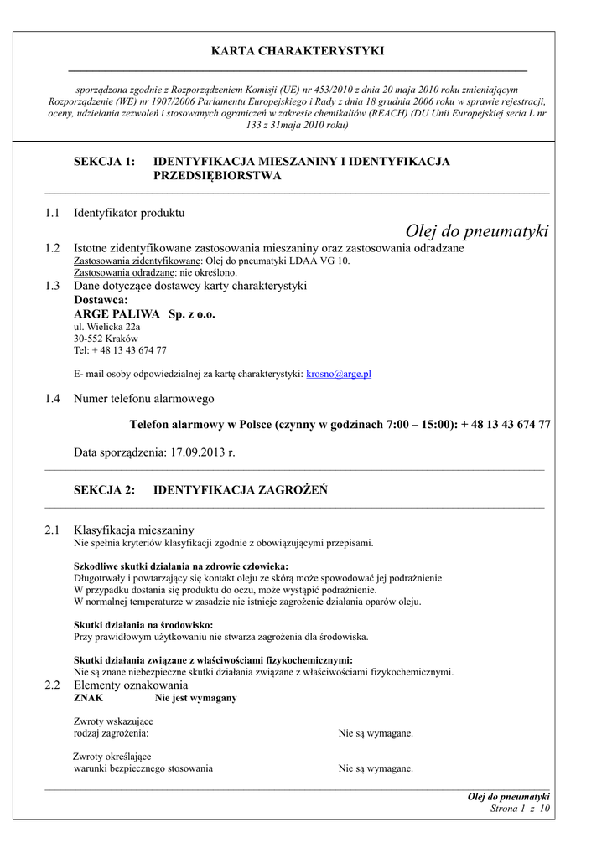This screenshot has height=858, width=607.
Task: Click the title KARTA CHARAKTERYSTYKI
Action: click(x=298, y=51)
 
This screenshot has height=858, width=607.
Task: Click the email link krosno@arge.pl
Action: click(x=339, y=374)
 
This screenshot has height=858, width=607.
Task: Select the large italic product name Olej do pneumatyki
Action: click(x=476, y=231)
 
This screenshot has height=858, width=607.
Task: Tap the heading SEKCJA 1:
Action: click(x=104, y=161)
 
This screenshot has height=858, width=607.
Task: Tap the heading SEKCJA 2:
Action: click(x=104, y=490)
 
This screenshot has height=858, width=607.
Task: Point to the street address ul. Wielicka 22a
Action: click(x=107, y=327)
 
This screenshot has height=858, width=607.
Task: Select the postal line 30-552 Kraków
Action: click(x=106, y=339)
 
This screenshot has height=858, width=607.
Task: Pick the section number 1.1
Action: click(x=53, y=213)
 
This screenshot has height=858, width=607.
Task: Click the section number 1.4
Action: click(x=53, y=399)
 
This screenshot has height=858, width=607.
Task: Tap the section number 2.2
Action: click(x=53, y=685)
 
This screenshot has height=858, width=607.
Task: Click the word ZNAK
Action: click(x=89, y=698)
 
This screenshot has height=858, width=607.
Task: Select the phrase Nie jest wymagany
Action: click(x=195, y=698)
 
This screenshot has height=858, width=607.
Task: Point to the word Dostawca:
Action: click(x=101, y=299)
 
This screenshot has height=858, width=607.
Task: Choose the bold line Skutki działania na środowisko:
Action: click(x=143, y=624)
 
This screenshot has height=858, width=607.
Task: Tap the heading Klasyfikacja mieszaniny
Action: click(x=134, y=530)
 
